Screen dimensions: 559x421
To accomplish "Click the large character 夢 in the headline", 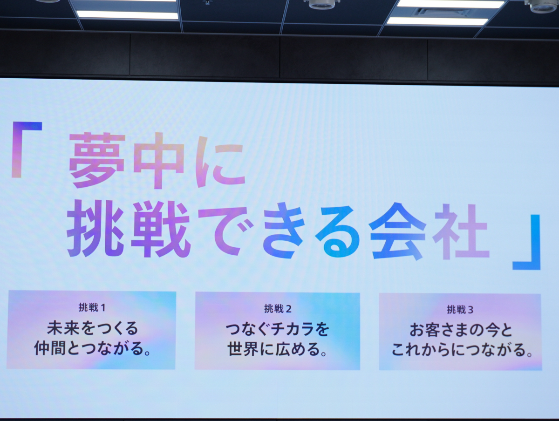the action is point(97,160).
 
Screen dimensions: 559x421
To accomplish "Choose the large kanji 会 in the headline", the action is point(397,231).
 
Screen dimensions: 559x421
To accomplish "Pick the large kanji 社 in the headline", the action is point(461,231).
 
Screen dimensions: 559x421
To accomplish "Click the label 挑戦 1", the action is point(92,307).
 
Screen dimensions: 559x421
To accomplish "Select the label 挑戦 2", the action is point(278,308).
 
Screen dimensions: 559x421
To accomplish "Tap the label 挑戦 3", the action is point(460,310).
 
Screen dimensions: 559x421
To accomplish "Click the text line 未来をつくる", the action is point(92,328).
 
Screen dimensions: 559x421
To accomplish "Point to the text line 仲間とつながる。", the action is point(92,348).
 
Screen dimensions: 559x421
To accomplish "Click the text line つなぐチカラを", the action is point(277,329).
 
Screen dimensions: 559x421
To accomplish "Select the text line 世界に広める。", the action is point(277,349).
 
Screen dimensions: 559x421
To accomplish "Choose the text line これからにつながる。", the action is point(462,350).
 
